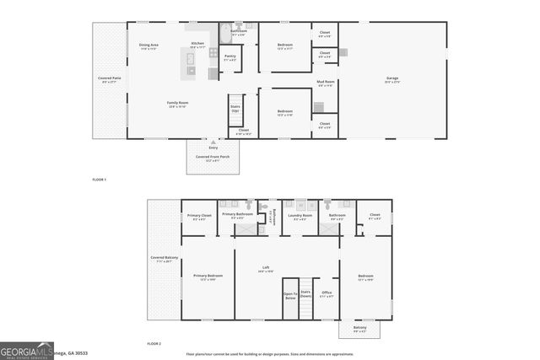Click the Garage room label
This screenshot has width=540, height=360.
392,78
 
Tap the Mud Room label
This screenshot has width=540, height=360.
326,83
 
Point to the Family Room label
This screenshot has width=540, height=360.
176,103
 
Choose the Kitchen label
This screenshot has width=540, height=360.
197,44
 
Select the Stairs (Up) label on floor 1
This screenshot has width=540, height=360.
235,108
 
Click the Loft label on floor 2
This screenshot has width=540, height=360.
265,269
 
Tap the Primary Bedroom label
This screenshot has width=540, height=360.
208,276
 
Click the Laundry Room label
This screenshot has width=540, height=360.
300,216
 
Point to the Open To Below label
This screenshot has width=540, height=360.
290,296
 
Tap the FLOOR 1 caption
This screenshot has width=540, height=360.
100,180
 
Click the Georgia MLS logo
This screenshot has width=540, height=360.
27,351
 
